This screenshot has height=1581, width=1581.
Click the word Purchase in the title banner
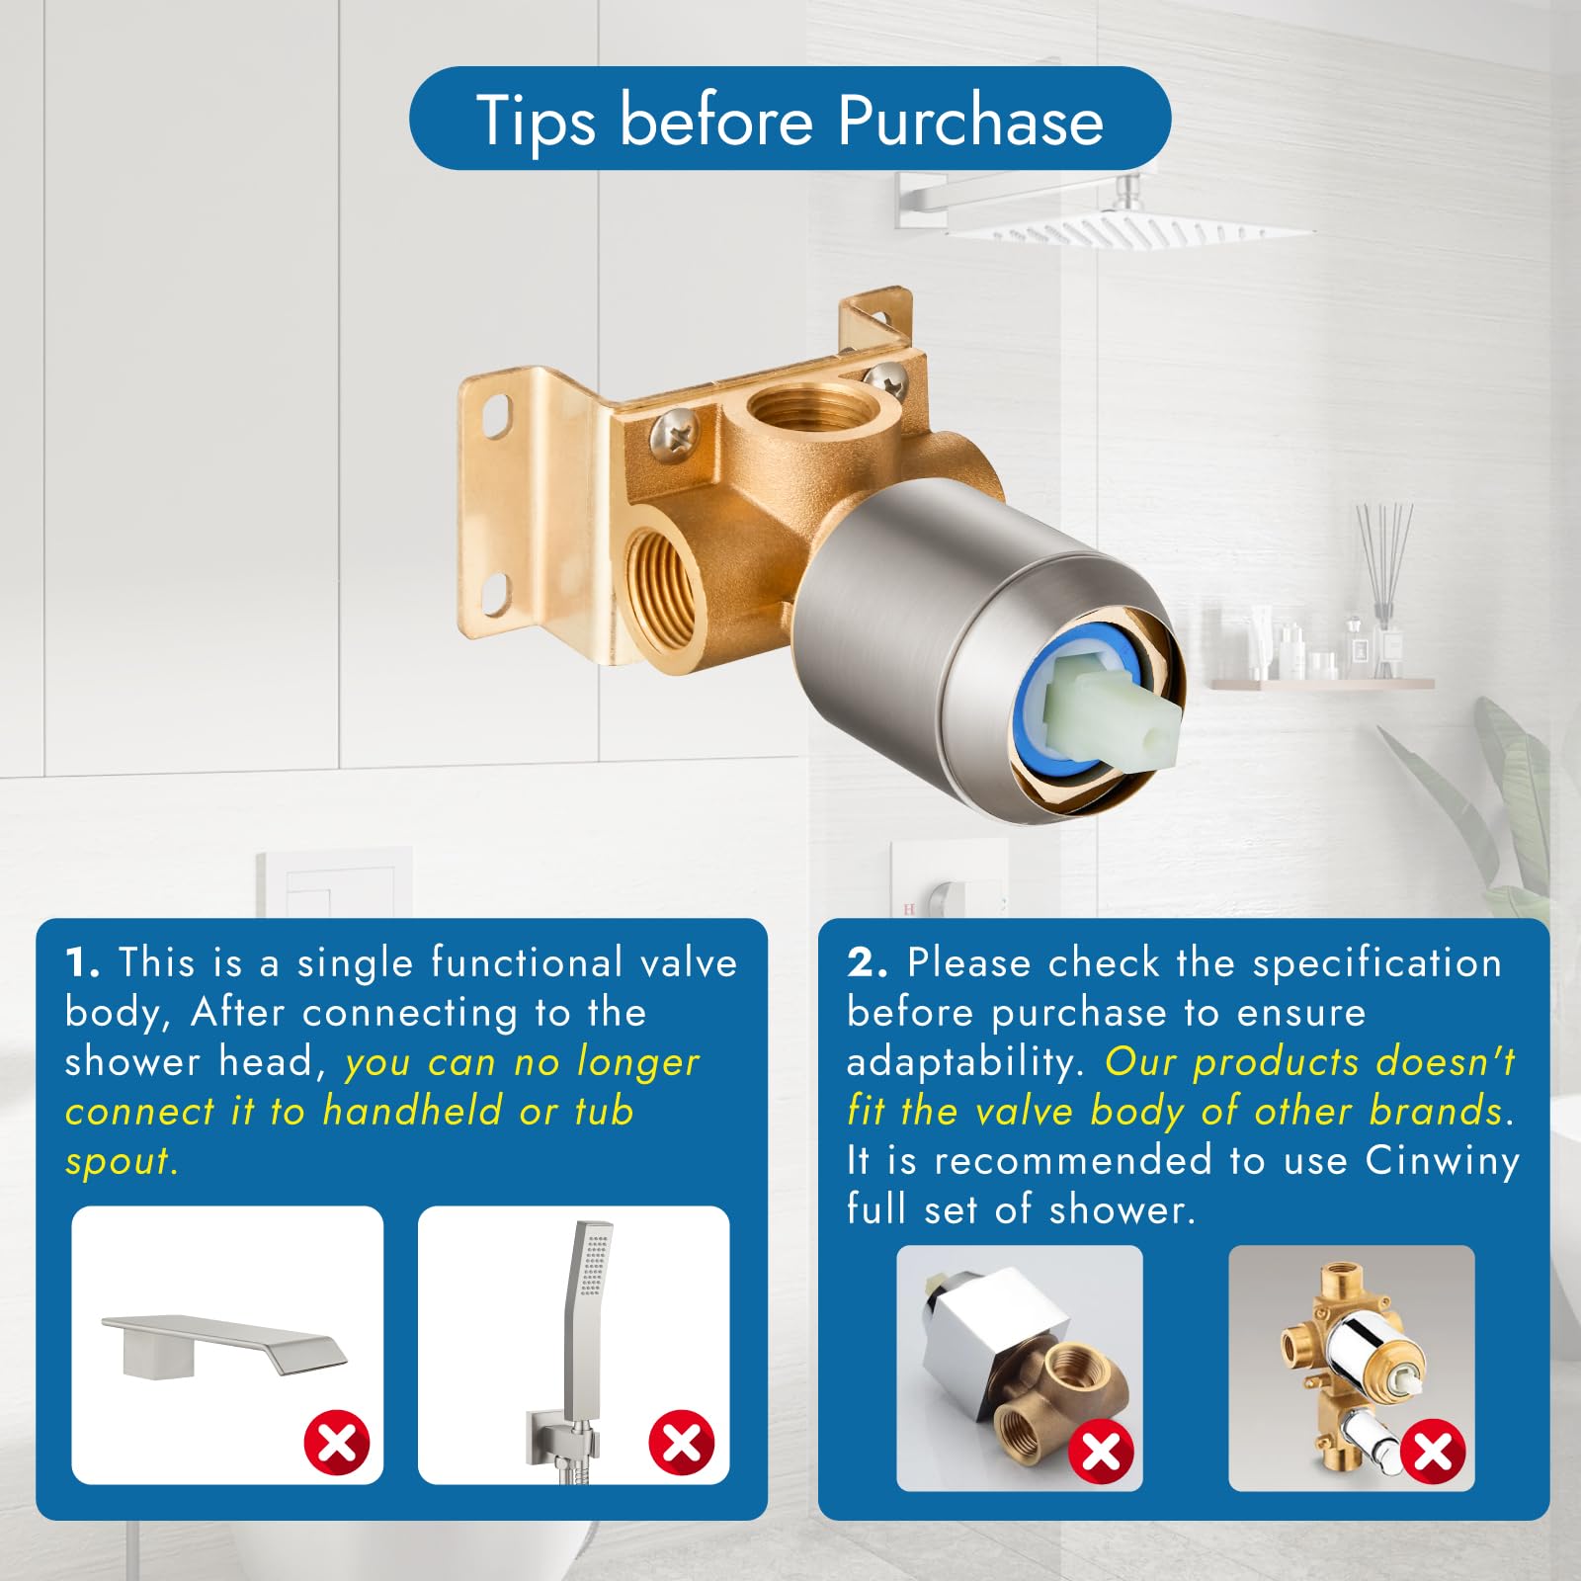pos(970,121)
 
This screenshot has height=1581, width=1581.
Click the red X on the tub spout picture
pos(336,1443)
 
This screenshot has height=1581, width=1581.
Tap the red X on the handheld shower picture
pos(681,1443)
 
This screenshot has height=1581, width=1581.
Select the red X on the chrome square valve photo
pos(1101,1452)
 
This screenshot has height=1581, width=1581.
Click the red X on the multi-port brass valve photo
pos(1433,1452)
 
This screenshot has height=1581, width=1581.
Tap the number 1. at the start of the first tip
pos(83,963)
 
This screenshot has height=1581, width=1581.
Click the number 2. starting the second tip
pos(867,963)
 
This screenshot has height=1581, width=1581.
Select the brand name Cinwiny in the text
pos(1442,1161)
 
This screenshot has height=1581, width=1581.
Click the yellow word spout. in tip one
pos(122,1163)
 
